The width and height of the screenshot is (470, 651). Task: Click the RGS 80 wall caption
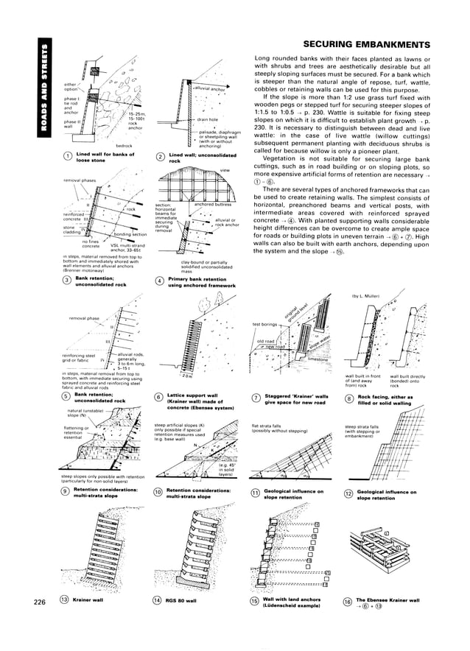(x=182, y=601)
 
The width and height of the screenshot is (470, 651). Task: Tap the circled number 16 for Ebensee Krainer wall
(x=347, y=602)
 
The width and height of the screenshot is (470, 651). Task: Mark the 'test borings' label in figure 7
(x=266, y=324)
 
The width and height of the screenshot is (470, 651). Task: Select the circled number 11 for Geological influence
(x=256, y=493)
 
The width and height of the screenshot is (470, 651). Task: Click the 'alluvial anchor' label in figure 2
(x=209, y=90)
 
